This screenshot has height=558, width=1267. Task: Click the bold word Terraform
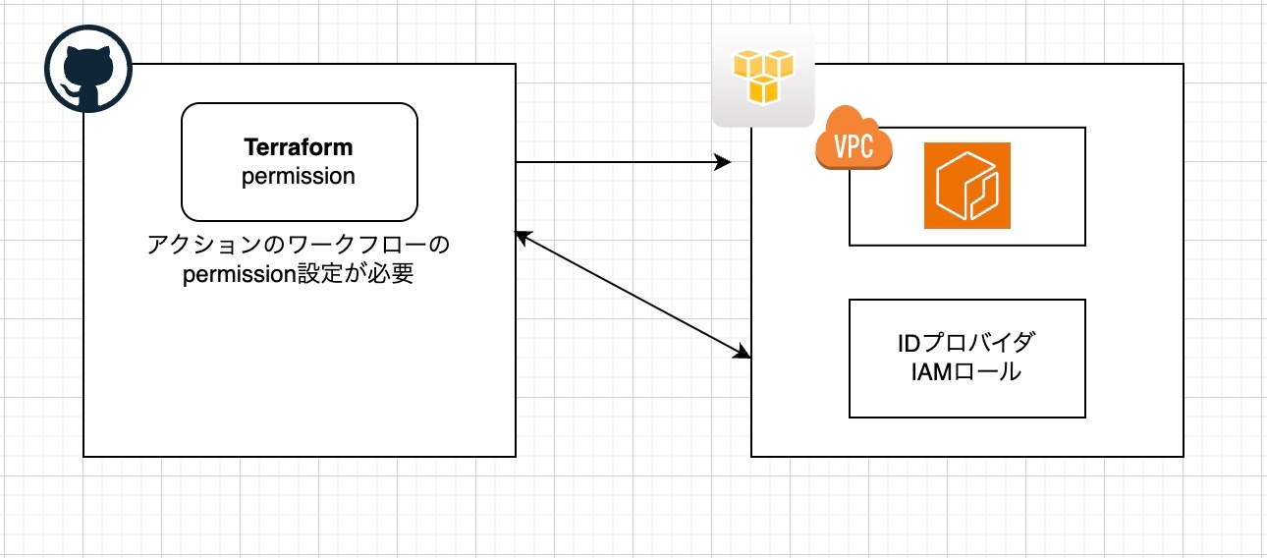299,147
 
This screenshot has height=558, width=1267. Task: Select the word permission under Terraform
299,177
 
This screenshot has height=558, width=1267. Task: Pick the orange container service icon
966,186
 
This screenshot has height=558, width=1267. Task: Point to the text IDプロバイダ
966,344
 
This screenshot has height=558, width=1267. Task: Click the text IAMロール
966,372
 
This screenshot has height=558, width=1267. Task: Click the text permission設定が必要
299,274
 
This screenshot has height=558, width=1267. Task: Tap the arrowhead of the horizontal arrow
725,162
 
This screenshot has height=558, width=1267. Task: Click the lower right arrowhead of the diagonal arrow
744,354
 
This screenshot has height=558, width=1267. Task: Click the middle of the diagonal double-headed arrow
633,296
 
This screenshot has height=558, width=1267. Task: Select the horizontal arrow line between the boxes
619,162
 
